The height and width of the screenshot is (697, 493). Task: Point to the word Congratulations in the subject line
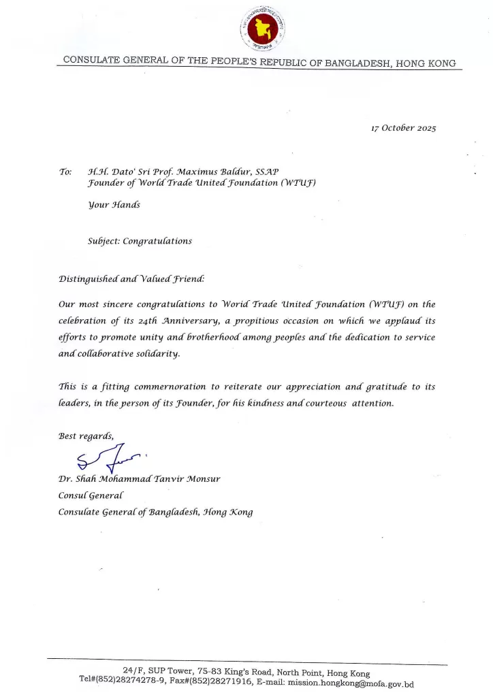coord(159,241)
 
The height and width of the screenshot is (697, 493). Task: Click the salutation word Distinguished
coord(91,279)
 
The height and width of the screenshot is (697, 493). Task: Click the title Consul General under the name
coord(91,496)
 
